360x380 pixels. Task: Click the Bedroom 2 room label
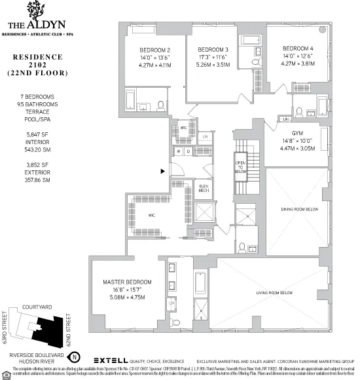(x=156, y=50)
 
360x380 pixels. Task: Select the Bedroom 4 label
(x=298, y=48)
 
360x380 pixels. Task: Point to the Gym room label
(x=291, y=133)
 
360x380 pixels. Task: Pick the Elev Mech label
(x=204, y=189)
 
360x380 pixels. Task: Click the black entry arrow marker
(x=162, y=172)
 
